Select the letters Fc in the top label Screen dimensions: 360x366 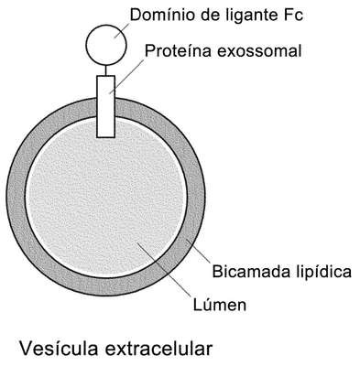(x=293, y=15)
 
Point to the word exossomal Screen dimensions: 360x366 (x=259, y=50)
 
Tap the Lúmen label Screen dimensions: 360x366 (x=220, y=305)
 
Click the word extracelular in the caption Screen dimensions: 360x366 (x=158, y=348)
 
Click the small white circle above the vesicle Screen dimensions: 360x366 (x=106, y=45)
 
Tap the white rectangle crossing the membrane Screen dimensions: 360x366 (x=106, y=106)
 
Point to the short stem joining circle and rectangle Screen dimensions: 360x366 (x=106, y=70)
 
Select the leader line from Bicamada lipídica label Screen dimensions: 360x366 (x=198, y=251)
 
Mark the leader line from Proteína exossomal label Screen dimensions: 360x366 (x=126, y=76)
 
